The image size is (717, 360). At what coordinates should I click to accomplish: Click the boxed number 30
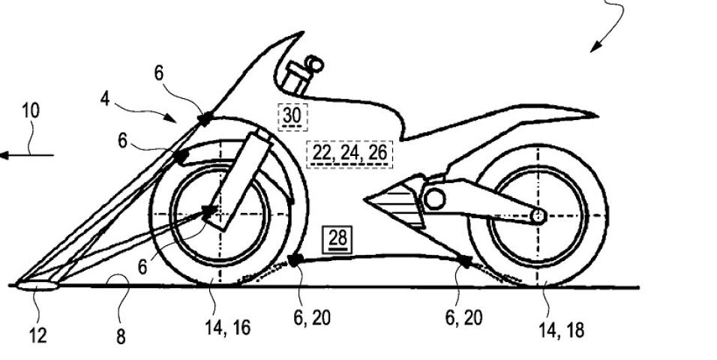click(x=292, y=116)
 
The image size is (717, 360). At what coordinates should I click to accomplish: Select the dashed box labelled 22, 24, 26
click(x=349, y=153)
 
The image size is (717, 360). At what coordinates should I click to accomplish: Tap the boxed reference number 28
click(x=338, y=238)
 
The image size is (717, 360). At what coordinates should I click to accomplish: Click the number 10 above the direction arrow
click(x=31, y=112)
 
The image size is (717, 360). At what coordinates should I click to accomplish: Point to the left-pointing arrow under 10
click(x=27, y=155)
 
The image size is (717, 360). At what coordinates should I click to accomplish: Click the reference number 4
click(x=106, y=99)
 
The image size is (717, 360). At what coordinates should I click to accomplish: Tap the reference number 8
click(x=121, y=337)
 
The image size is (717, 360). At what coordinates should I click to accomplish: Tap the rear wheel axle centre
click(x=538, y=216)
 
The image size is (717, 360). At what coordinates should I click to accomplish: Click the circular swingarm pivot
click(x=434, y=199)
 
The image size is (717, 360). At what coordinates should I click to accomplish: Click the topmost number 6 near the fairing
click(x=159, y=73)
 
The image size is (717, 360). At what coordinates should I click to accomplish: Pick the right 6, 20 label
click(x=464, y=317)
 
